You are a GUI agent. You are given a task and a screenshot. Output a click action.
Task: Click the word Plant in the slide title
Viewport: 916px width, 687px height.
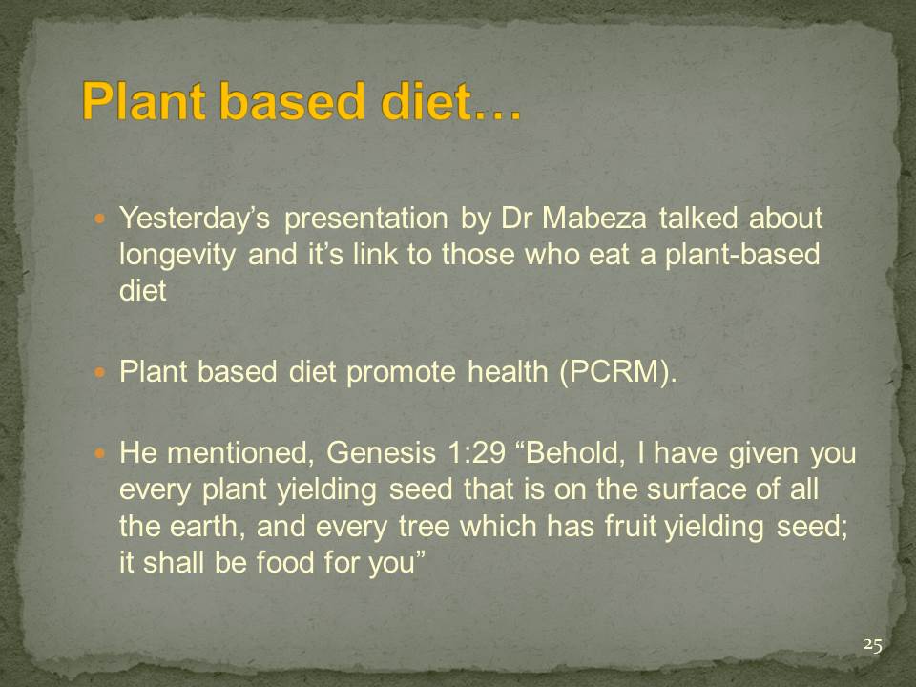point(145,100)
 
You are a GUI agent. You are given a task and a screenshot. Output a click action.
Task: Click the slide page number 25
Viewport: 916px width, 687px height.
point(873,645)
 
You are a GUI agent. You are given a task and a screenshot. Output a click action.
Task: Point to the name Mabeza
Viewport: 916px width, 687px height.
point(594,218)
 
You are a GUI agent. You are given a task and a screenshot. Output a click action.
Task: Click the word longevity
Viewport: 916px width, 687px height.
point(177,256)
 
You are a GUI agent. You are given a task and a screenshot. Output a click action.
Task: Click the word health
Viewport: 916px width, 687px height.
point(508,371)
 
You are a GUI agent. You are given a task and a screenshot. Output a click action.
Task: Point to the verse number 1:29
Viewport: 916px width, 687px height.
point(475,452)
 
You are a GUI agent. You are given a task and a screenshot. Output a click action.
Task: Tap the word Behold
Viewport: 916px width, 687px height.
point(571,452)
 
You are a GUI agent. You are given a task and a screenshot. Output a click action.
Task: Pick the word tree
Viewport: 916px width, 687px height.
point(425,527)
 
